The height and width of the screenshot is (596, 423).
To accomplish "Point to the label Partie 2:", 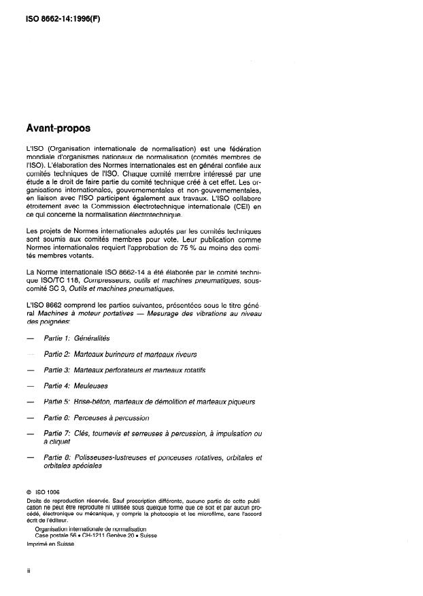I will (x=56, y=354).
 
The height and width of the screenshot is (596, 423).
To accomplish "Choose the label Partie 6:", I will (x=56, y=417).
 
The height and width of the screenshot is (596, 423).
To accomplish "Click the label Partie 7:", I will (x=56, y=434).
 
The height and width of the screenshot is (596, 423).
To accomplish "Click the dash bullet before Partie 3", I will (x=28, y=370).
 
